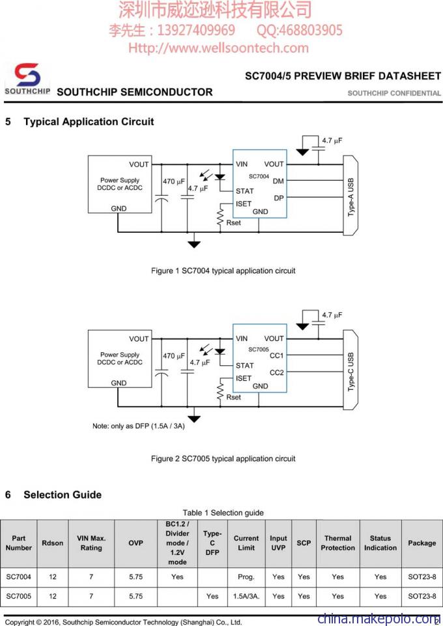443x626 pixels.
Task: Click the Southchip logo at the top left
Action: (x=27, y=78)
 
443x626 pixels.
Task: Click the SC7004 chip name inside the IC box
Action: (x=259, y=176)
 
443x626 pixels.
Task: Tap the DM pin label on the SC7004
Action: (x=278, y=181)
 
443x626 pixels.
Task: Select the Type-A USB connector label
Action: (x=351, y=197)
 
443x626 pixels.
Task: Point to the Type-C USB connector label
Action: (x=351, y=372)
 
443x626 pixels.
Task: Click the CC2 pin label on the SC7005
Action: (x=277, y=372)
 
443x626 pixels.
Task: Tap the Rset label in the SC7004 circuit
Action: (x=233, y=223)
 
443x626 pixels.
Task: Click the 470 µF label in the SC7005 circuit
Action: (x=173, y=356)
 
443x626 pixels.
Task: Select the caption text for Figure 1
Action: (x=223, y=271)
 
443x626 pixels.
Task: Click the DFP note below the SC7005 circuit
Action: (x=138, y=426)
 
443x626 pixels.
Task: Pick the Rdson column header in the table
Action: (x=53, y=543)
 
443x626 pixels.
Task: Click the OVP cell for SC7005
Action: (x=136, y=596)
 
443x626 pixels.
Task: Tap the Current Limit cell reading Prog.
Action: (x=246, y=577)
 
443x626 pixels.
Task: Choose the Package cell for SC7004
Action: (x=422, y=576)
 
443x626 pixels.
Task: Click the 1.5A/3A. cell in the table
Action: (x=246, y=596)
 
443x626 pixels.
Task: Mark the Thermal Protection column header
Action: (x=337, y=543)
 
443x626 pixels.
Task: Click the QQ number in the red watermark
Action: (x=300, y=30)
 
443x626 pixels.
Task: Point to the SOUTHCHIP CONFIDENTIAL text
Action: (x=394, y=93)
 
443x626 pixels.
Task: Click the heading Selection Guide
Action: (x=63, y=495)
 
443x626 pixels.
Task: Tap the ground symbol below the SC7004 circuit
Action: (x=193, y=244)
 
